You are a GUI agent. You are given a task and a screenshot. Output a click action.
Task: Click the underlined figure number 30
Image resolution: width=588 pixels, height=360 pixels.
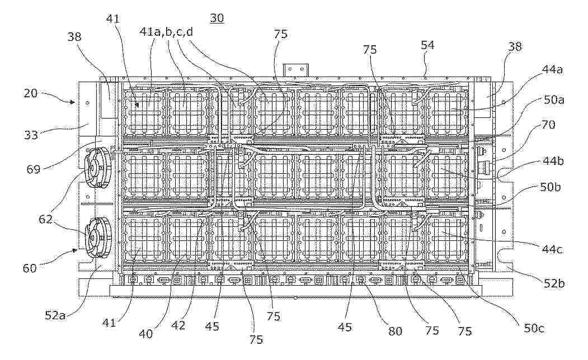click(217, 18)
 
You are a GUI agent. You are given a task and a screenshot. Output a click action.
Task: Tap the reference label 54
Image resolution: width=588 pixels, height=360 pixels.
click(427, 45)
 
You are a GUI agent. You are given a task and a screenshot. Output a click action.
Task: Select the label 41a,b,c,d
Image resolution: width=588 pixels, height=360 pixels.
click(166, 32)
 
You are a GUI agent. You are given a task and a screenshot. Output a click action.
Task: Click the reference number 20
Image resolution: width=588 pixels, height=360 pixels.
click(31, 93)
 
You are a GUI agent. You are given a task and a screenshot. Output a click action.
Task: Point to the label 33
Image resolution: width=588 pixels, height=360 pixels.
click(31, 135)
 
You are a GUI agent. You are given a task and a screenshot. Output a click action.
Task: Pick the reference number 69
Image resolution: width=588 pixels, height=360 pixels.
click(34, 169)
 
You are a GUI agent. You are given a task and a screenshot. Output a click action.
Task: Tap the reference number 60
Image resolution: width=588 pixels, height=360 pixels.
click(30, 268)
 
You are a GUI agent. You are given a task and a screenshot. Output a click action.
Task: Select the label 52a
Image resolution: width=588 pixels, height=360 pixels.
click(55, 315)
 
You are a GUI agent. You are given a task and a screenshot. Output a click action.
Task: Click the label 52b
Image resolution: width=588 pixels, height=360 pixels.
click(554, 283)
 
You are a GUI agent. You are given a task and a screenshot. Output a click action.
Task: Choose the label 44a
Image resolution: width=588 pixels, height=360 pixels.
click(552, 69)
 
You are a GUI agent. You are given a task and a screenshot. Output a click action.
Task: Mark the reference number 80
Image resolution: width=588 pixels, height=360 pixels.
click(395, 331)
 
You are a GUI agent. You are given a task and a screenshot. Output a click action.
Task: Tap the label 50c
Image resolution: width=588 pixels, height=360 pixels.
click(534, 329)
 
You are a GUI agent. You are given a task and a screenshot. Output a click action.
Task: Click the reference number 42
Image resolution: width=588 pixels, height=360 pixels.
click(178, 325)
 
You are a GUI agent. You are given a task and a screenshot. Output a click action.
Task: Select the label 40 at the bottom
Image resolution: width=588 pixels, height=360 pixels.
click(145, 333)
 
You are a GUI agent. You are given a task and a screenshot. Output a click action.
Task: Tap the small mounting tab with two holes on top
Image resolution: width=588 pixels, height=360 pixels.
click(296, 70)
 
